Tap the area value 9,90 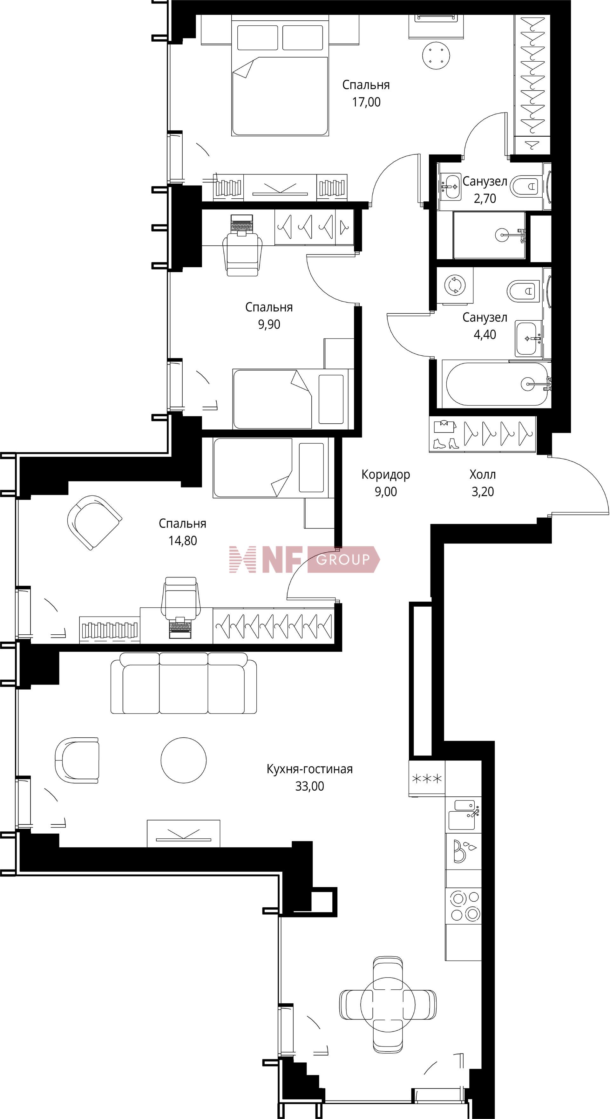click(x=269, y=324)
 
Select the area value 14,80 click(x=182, y=541)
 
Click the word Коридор click(x=385, y=475)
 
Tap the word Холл click(x=482, y=474)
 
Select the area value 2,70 click(x=485, y=199)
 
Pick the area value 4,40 click(x=485, y=334)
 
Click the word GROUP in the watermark click(x=343, y=559)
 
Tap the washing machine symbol click(x=455, y=286)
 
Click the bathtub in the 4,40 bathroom click(x=495, y=384)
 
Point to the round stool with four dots click(x=436, y=56)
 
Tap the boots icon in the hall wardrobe click(x=446, y=443)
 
